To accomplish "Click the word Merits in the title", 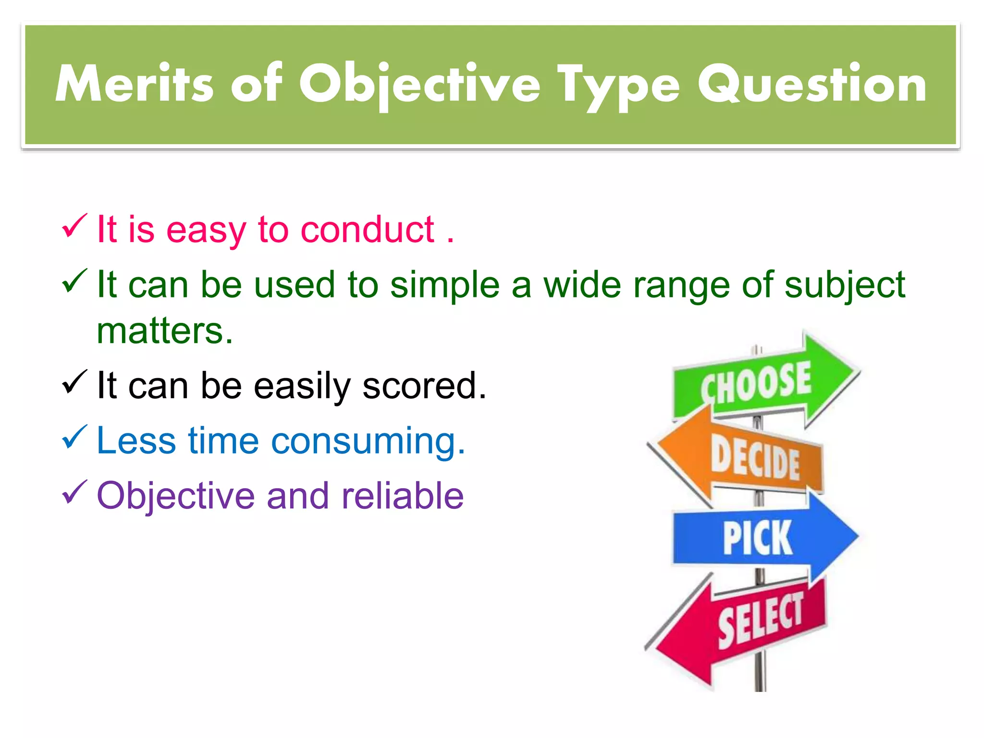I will pyautogui.click(x=135, y=85).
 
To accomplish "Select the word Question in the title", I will pyautogui.click(x=812, y=85).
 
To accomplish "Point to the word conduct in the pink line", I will pyautogui.click(x=368, y=230).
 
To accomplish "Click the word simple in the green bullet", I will pyautogui.click(x=445, y=285).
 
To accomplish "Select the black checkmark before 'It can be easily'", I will pyautogui.click(x=74, y=382).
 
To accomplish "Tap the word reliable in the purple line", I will pyautogui.click(x=403, y=496).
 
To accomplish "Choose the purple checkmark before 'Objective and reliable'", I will pyautogui.click(x=74, y=492).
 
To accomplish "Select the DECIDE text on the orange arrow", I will pyautogui.click(x=755, y=458).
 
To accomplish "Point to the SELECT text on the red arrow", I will pyautogui.click(x=760, y=620).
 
